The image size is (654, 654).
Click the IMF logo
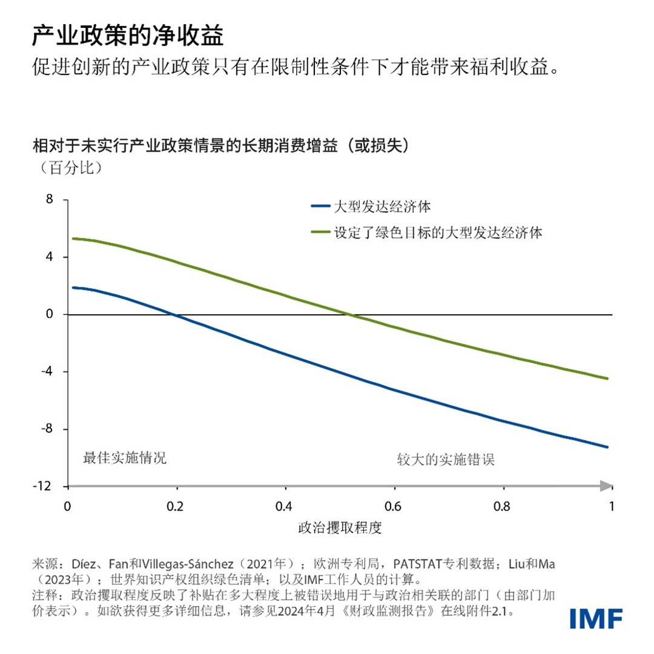point(596,618)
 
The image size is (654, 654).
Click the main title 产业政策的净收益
point(128,37)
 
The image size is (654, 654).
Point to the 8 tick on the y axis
point(49,200)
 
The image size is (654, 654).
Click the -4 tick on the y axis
point(47,371)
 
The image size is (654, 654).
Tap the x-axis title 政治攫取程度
point(340,527)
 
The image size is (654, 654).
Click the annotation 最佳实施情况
point(124,458)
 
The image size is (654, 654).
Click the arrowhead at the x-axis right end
point(607,486)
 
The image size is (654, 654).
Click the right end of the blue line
point(607,447)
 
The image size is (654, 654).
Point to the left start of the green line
point(73,239)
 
